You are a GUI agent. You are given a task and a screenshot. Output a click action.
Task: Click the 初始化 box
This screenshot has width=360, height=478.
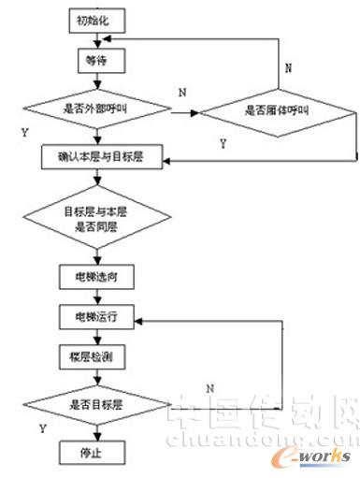97,18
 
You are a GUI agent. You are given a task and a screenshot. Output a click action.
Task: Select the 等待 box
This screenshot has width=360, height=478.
97,58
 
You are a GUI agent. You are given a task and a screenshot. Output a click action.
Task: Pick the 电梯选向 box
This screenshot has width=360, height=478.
97,280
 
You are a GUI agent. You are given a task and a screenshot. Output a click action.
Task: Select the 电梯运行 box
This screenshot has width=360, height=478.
97,316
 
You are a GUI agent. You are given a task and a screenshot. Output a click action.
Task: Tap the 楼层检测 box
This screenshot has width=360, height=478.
97,357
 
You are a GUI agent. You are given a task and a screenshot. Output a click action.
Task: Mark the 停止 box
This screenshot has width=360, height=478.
97,452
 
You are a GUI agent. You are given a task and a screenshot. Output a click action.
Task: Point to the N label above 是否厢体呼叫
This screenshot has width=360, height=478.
288,68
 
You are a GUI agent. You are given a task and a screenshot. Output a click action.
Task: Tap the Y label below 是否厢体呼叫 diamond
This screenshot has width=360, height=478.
222,143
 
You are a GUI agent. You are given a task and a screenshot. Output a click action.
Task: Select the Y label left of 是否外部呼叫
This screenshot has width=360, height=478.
22,133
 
